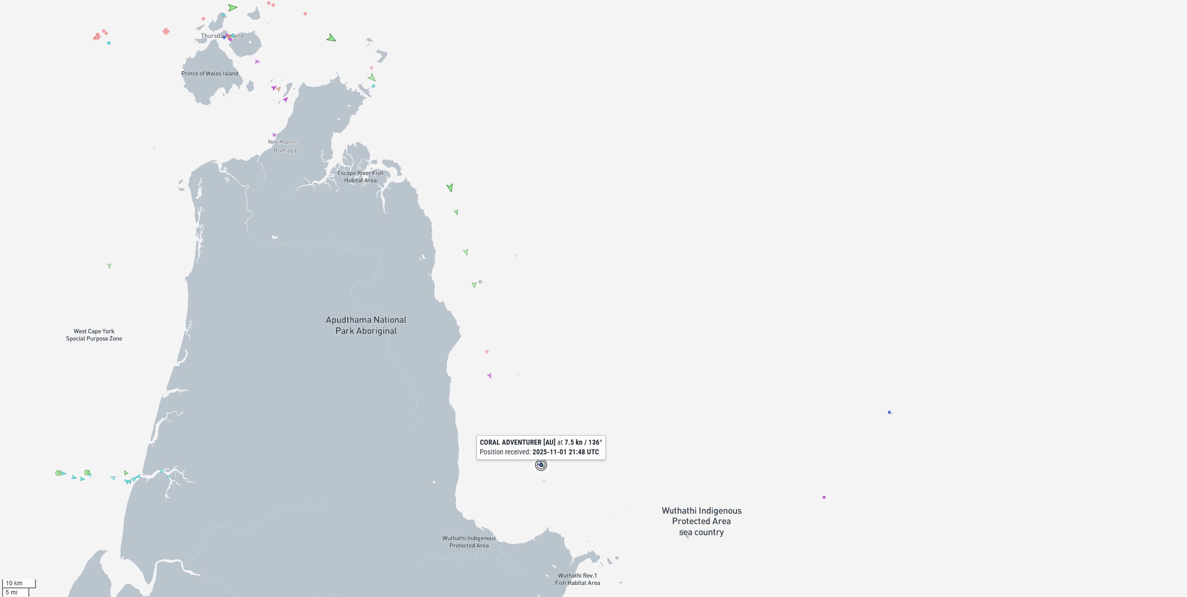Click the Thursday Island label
[x=222, y=36]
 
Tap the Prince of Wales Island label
[x=210, y=73]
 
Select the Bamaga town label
[x=285, y=150]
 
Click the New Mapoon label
[x=282, y=142]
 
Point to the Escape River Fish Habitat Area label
[x=360, y=177]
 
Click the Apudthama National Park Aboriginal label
[x=366, y=325]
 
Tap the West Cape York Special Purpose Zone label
[x=94, y=335]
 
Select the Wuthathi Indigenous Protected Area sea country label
[x=702, y=521]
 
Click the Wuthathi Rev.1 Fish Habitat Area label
[x=578, y=579]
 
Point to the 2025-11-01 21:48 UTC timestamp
[x=565, y=452]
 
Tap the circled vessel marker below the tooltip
[x=541, y=465]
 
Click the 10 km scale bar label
[x=14, y=583]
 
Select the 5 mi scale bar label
[x=12, y=592]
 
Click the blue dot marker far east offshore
[x=889, y=412]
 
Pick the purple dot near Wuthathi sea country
[x=824, y=497]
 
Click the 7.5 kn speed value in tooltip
[x=573, y=442]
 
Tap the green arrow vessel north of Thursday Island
[x=232, y=8]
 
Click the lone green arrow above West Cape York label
[x=109, y=266]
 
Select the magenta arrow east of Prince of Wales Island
[x=257, y=62]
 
